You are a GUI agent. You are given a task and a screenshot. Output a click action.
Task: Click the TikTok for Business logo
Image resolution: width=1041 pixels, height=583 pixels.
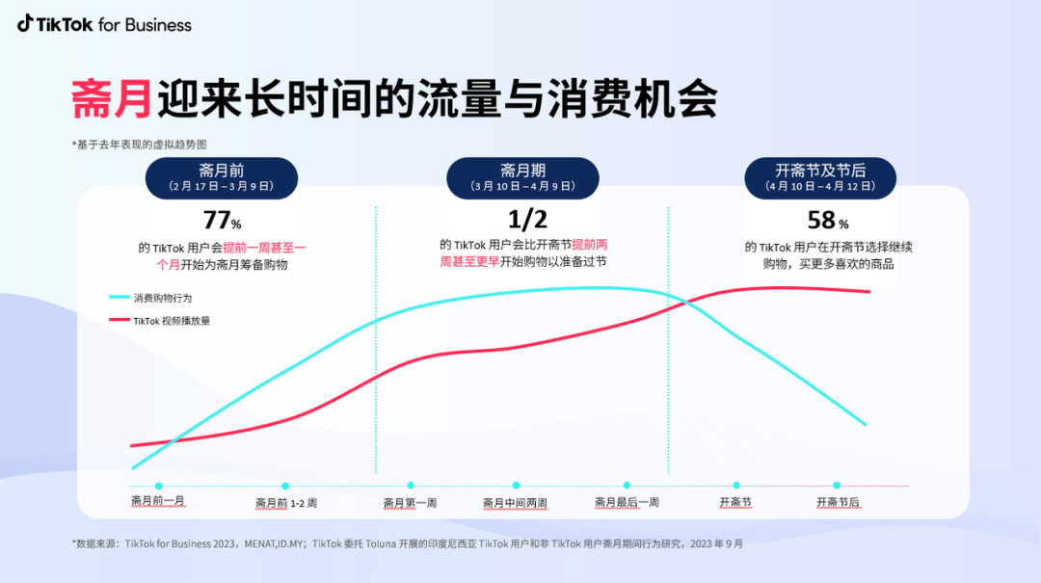coord(104,25)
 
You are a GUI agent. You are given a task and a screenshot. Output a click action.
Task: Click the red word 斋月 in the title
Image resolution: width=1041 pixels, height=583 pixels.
coord(111,99)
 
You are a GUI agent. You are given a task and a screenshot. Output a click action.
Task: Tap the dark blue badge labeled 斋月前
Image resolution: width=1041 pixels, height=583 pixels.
coord(222,178)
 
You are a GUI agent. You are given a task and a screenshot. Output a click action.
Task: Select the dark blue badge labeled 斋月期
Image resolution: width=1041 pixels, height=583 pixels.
coord(522,178)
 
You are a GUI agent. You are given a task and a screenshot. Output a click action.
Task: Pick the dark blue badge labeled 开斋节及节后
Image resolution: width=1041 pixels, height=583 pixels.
coord(820,178)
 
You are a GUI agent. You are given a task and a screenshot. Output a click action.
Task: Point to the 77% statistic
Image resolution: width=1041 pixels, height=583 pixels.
coord(222,221)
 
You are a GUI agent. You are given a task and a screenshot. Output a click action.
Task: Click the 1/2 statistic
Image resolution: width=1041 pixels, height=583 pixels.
coord(521,221)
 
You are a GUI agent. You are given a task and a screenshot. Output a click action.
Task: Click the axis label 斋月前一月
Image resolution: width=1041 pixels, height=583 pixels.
coord(158,502)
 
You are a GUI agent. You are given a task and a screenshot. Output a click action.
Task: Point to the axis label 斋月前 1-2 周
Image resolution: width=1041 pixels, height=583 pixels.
coord(286,502)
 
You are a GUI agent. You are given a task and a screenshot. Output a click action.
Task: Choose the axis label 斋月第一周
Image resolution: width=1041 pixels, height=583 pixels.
coord(410,502)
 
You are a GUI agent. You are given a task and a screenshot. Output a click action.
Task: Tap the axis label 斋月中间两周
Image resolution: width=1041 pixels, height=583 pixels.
coord(515,502)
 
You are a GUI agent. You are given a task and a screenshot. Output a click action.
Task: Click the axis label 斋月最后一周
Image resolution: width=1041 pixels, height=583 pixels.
coord(627,502)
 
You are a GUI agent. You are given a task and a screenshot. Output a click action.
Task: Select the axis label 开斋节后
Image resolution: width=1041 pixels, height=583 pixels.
coord(838,502)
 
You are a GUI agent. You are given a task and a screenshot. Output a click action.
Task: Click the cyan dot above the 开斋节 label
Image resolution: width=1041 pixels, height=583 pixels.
coord(736,486)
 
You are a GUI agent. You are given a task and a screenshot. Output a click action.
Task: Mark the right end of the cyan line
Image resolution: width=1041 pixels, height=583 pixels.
coord(866,424)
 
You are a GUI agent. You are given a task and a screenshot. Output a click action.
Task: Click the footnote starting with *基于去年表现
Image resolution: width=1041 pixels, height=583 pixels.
coord(139,144)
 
